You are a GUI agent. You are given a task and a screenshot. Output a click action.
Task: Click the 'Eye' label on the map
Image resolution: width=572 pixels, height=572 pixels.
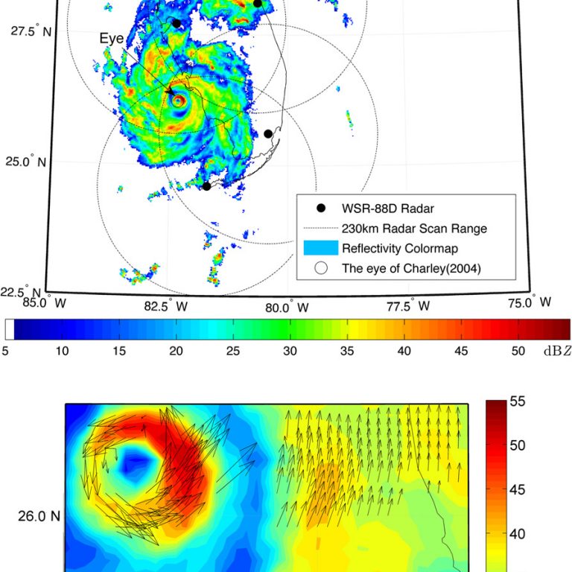click(112, 38)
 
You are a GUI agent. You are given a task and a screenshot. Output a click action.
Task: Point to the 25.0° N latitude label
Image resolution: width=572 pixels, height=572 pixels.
click(30, 162)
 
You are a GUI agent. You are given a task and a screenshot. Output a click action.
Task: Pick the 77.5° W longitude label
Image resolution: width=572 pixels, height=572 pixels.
click(409, 305)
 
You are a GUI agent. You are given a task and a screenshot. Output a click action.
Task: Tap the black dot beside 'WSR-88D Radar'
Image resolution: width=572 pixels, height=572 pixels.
click(321, 208)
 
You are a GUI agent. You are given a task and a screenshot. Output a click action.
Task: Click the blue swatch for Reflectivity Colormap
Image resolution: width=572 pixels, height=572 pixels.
click(321, 248)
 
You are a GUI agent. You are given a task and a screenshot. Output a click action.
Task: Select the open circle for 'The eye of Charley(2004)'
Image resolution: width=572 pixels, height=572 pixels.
click(321, 269)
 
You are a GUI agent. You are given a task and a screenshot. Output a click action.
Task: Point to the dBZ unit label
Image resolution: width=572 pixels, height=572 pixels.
click(556, 351)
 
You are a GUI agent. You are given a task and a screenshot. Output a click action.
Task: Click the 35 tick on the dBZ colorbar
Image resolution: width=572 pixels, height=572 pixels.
click(347, 351)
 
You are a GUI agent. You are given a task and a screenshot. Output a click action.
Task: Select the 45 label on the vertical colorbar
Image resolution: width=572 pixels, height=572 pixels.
click(518, 489)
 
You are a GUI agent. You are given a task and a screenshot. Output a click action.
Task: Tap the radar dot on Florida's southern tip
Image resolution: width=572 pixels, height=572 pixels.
click(206, 185)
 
